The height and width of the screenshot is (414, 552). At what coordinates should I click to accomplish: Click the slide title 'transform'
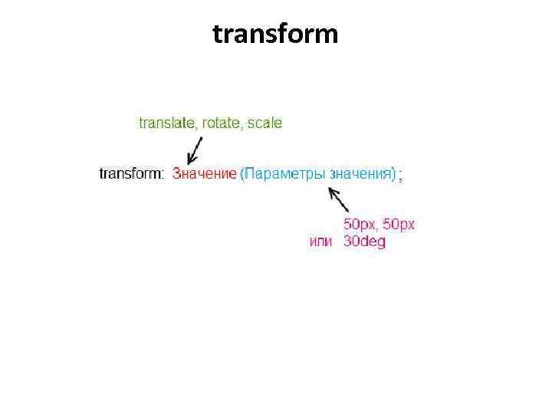(275, 34)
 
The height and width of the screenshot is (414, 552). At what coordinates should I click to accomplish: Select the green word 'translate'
(166, 123)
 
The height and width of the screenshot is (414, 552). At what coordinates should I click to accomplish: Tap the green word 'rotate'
(220, 123)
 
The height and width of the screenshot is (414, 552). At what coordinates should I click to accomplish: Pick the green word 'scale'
(264, 123)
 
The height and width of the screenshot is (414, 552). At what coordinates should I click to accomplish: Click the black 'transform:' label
(131, 174)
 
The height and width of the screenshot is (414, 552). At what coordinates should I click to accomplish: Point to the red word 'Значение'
(204, 174)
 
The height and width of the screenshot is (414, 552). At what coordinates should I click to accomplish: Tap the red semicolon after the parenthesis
(401, 176)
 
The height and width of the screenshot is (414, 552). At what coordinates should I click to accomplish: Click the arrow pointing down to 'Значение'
(195, 149)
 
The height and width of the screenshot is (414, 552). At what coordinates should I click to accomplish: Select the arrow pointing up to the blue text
(339, 199)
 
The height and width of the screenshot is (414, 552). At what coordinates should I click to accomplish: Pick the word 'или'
(320, 242)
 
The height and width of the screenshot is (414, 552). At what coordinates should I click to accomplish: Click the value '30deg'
(364, 242)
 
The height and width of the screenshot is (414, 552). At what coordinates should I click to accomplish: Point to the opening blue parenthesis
(242, 174)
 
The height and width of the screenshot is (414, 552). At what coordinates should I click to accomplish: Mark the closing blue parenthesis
(393, 174)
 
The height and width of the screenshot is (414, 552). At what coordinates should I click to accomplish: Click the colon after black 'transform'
(161, 175)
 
